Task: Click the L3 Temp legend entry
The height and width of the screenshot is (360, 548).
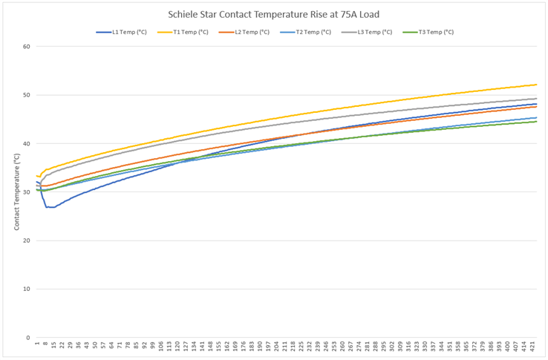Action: [x=369, y=32]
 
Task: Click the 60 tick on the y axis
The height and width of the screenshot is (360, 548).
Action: [x=26, y=47]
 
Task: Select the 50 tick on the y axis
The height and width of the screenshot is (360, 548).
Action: [x=26, y=95]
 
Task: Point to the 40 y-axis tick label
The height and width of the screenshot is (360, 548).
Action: [x=26, y=143]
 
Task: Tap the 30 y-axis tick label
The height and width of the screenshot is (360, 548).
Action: [x=26, y=192]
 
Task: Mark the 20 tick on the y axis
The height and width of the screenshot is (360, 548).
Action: [x=26, y=240]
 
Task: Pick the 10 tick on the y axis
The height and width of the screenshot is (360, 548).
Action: [x=26, y=289]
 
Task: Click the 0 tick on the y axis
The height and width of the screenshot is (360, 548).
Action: [x=27, y=338]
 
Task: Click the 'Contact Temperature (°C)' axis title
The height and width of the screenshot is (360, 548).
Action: [x=16, y=192]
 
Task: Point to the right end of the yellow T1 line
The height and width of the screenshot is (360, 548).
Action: [x=537, y=85]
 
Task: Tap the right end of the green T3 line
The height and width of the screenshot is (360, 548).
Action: [x=537, y=122]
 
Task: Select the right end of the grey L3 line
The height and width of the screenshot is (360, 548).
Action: [x=537, y=99]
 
